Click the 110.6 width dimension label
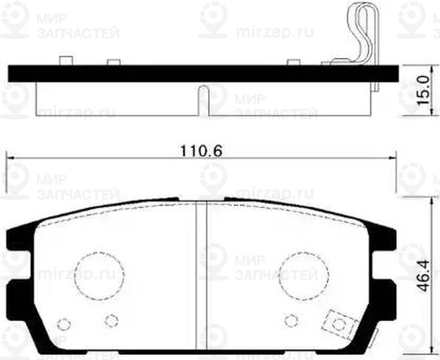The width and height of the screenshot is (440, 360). (x=200, y=151)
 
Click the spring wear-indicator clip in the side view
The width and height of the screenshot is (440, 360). (x=364, y=37)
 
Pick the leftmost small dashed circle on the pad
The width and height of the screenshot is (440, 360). (x=64, y=325)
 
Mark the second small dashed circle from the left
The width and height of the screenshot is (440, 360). (x=111, y=320)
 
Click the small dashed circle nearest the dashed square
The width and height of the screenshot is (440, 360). (x=291, y=320)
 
